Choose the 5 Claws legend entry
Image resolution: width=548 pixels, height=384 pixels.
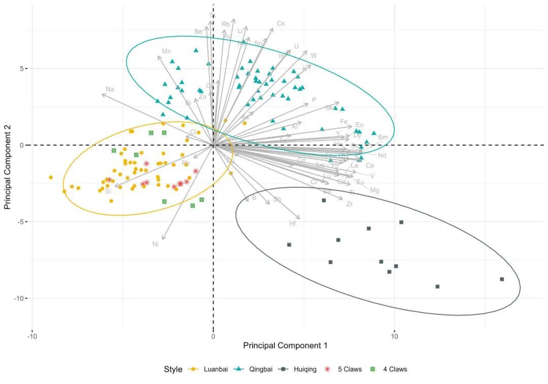350,369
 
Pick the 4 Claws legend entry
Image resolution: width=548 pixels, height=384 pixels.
394,369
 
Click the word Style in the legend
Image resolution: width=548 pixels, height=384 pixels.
173,369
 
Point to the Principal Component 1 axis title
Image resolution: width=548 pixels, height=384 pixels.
285,346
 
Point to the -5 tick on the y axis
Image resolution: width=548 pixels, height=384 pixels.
22,221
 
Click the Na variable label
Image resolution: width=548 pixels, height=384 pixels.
110,89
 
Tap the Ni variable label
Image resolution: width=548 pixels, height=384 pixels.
156,244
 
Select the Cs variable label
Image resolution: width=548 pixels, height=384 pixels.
281,23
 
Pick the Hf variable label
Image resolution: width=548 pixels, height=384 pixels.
293,223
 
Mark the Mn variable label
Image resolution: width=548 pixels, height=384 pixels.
166,51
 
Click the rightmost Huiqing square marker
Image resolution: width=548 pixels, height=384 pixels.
502,279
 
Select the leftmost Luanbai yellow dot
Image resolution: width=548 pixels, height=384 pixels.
51,177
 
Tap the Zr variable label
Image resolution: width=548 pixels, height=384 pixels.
349,204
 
